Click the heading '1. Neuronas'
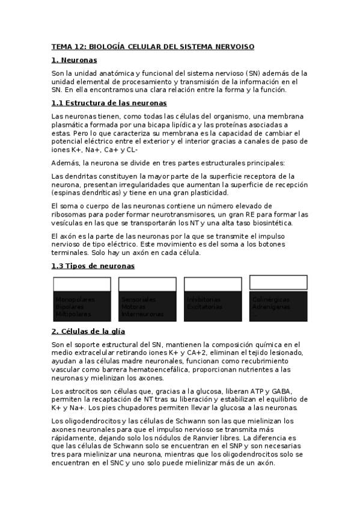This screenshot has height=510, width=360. point(74,60)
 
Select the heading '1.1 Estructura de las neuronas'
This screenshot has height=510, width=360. point(105,103)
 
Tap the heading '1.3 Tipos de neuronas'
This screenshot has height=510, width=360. point(93,266)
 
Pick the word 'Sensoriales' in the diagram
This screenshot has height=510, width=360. point(138,300)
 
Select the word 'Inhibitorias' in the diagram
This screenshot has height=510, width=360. point(204,300)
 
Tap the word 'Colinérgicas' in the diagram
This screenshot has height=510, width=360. point(271,300)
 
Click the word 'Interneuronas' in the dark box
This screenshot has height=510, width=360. point(142,314)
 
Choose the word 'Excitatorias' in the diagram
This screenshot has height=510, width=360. point(204,307)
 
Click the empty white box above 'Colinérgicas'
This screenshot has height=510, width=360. point(278,282)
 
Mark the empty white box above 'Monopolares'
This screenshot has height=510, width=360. point(82,284)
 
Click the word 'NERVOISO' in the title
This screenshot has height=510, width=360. point(233,46)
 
